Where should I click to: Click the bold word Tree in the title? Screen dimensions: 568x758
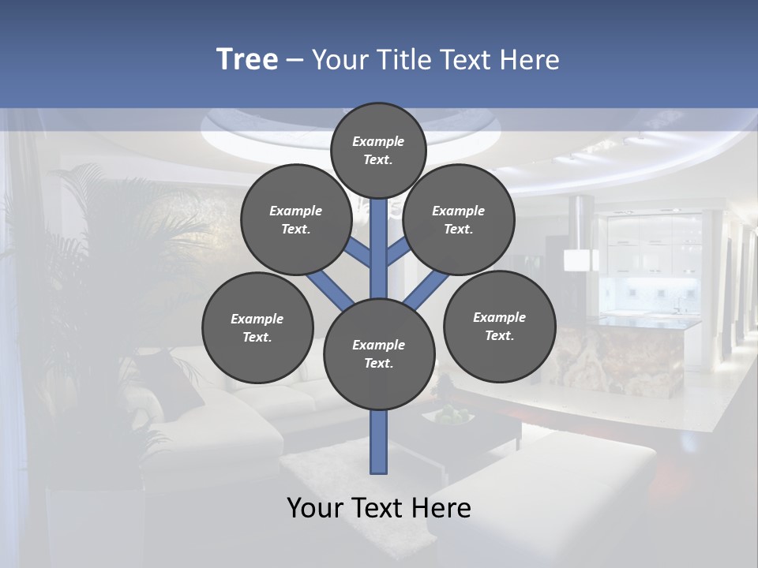[x=247, y=59]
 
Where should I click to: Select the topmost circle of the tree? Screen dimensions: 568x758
[x=378, y=150]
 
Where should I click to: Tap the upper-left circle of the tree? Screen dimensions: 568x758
[x=296, y=219]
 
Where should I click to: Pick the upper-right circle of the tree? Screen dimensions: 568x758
[x=459, y=219]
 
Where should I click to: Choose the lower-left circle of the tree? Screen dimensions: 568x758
[x=257, y=327]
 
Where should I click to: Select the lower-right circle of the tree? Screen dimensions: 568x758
[x=500, y=326]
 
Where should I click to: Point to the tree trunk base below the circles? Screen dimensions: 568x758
[x=379, y=442]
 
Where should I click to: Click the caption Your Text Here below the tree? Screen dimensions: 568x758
[x=379, y=507]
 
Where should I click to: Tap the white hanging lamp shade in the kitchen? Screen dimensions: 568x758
[x=580, y=260]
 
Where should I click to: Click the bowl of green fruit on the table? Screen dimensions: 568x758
[x=448, y=416]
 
